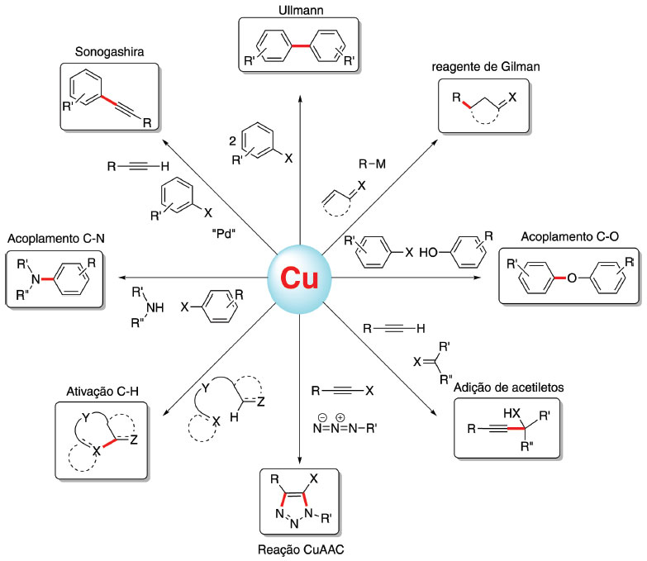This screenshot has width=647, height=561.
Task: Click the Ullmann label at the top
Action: coord(298,9)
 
